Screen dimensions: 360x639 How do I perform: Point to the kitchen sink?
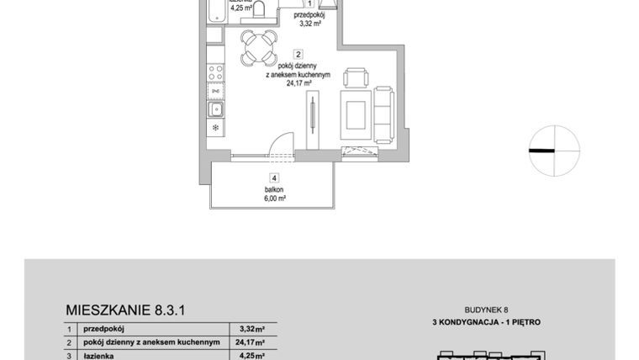pos(216,109)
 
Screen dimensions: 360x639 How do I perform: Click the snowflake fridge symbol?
pos(215,128)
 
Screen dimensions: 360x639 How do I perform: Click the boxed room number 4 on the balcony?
pos(273,177)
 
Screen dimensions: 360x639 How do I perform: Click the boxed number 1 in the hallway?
pos(310,3)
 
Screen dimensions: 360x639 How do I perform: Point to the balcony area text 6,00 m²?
pos(275,199)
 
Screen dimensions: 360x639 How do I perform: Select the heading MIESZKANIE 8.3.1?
pos(124,310)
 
